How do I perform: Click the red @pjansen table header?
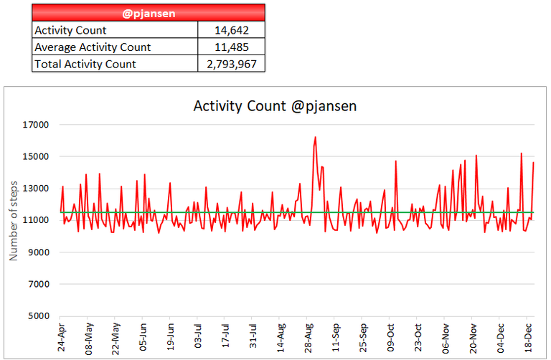149,12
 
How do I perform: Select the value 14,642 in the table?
230,30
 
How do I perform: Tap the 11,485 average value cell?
230,47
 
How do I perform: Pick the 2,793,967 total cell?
230,65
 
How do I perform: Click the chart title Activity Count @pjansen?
275,106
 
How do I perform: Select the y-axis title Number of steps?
14,220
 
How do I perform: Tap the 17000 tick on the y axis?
34,125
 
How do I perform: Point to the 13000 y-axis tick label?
34,189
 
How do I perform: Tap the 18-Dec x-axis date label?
528,337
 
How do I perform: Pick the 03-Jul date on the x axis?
198,337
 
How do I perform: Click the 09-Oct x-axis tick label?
390,337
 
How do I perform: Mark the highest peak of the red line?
315,137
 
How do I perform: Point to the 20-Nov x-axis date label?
474,337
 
